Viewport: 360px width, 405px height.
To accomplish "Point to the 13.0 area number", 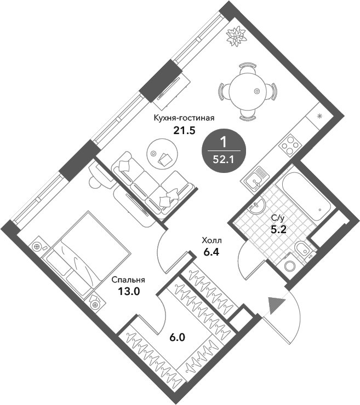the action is click(x=129, y=291).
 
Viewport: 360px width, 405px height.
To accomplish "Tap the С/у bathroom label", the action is click(x=278, y=218).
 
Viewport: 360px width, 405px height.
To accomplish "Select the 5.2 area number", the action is click(x=278, y=229).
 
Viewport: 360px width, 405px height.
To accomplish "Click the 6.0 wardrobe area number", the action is click(x=177, y=337).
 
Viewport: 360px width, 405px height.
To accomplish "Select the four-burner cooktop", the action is click(x=289, y=145).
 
